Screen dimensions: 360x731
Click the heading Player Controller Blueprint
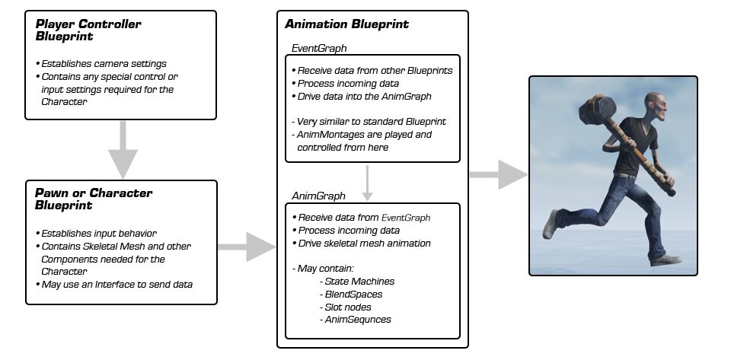coord(88,30)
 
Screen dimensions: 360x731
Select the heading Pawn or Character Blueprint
coord(94,199)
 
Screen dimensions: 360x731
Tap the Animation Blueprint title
coord(346,24)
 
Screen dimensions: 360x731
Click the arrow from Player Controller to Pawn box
coord(123,148)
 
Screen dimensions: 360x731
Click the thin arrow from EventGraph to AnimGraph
coord(368,182)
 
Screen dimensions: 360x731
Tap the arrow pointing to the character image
coord(497,174)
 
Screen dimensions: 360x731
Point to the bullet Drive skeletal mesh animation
coord(364,243)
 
